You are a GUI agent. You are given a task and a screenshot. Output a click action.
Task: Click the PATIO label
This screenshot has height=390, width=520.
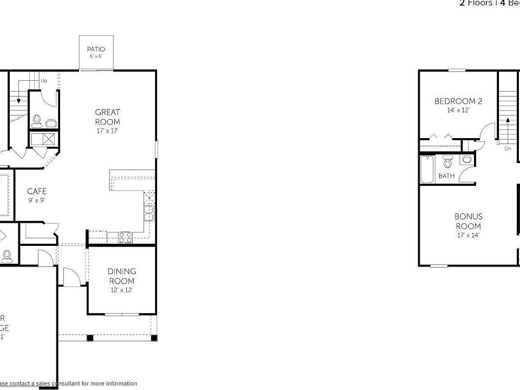96,49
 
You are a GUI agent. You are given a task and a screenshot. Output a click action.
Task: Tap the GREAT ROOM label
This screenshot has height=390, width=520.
107,117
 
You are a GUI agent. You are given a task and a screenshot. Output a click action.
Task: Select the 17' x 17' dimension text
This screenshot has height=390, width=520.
107,131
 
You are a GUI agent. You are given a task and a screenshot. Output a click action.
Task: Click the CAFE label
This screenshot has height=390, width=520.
37,191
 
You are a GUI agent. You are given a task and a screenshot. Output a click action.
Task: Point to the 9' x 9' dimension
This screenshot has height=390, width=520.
37,200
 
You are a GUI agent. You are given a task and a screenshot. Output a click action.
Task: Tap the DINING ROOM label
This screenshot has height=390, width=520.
121,276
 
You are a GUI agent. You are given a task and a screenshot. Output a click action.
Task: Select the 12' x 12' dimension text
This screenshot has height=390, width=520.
121,290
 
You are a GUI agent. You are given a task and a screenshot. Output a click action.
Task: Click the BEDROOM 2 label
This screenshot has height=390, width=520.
458,101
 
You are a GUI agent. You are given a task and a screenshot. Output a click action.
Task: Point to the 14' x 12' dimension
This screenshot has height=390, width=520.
458,110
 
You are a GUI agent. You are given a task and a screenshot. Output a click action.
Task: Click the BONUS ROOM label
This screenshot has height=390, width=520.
469,221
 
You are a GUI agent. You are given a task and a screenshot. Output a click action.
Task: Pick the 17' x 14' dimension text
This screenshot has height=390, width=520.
469,235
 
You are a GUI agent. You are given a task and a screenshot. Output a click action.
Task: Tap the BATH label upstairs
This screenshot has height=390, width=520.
446,176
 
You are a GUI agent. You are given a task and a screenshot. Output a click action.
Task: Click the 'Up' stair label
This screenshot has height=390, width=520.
44,81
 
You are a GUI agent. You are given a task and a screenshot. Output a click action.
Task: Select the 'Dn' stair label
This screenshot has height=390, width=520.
508,148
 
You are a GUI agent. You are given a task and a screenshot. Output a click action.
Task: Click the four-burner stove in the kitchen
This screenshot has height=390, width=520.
125,236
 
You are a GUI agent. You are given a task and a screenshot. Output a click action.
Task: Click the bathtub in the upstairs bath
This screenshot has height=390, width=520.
426,170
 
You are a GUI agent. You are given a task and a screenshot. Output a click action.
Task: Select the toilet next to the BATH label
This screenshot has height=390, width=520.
447,162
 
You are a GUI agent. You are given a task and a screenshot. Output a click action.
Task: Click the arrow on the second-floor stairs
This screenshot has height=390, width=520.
508,122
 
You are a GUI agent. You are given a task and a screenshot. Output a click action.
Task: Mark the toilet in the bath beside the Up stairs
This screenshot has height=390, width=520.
37,120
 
